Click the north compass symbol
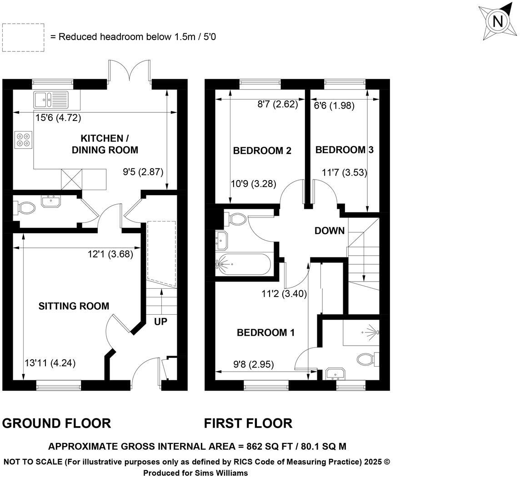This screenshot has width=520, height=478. pyautogui.click(x=498, y=21)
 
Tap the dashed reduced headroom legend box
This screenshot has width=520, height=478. pyautogui.click(x=23, y=37)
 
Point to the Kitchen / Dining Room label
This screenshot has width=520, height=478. pyautogui.click(x=105, y=144)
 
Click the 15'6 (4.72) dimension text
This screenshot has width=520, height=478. pyautogui.click(x=58, y=118)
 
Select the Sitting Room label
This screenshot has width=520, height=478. pyautogui.click(x=74, y=306)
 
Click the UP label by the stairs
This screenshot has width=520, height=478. pyautogui.click(x=160, y=322)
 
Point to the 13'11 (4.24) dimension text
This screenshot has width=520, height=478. pyautogui.click(x=50, y=363)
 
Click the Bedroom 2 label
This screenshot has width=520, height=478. pyautogui.click(x=262, y=151)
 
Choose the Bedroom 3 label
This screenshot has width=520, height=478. pyautogui.click(x=344, y=150)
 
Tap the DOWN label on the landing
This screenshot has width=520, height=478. pyautogui.click(x=330, y=231)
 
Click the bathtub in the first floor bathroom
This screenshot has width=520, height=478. pyautogui.click(x=244, y=264)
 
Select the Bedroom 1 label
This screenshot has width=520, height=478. pyautogui.click(x=266, y=333)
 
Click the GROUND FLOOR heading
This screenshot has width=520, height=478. pyautogui.click(x=56, y=423)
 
